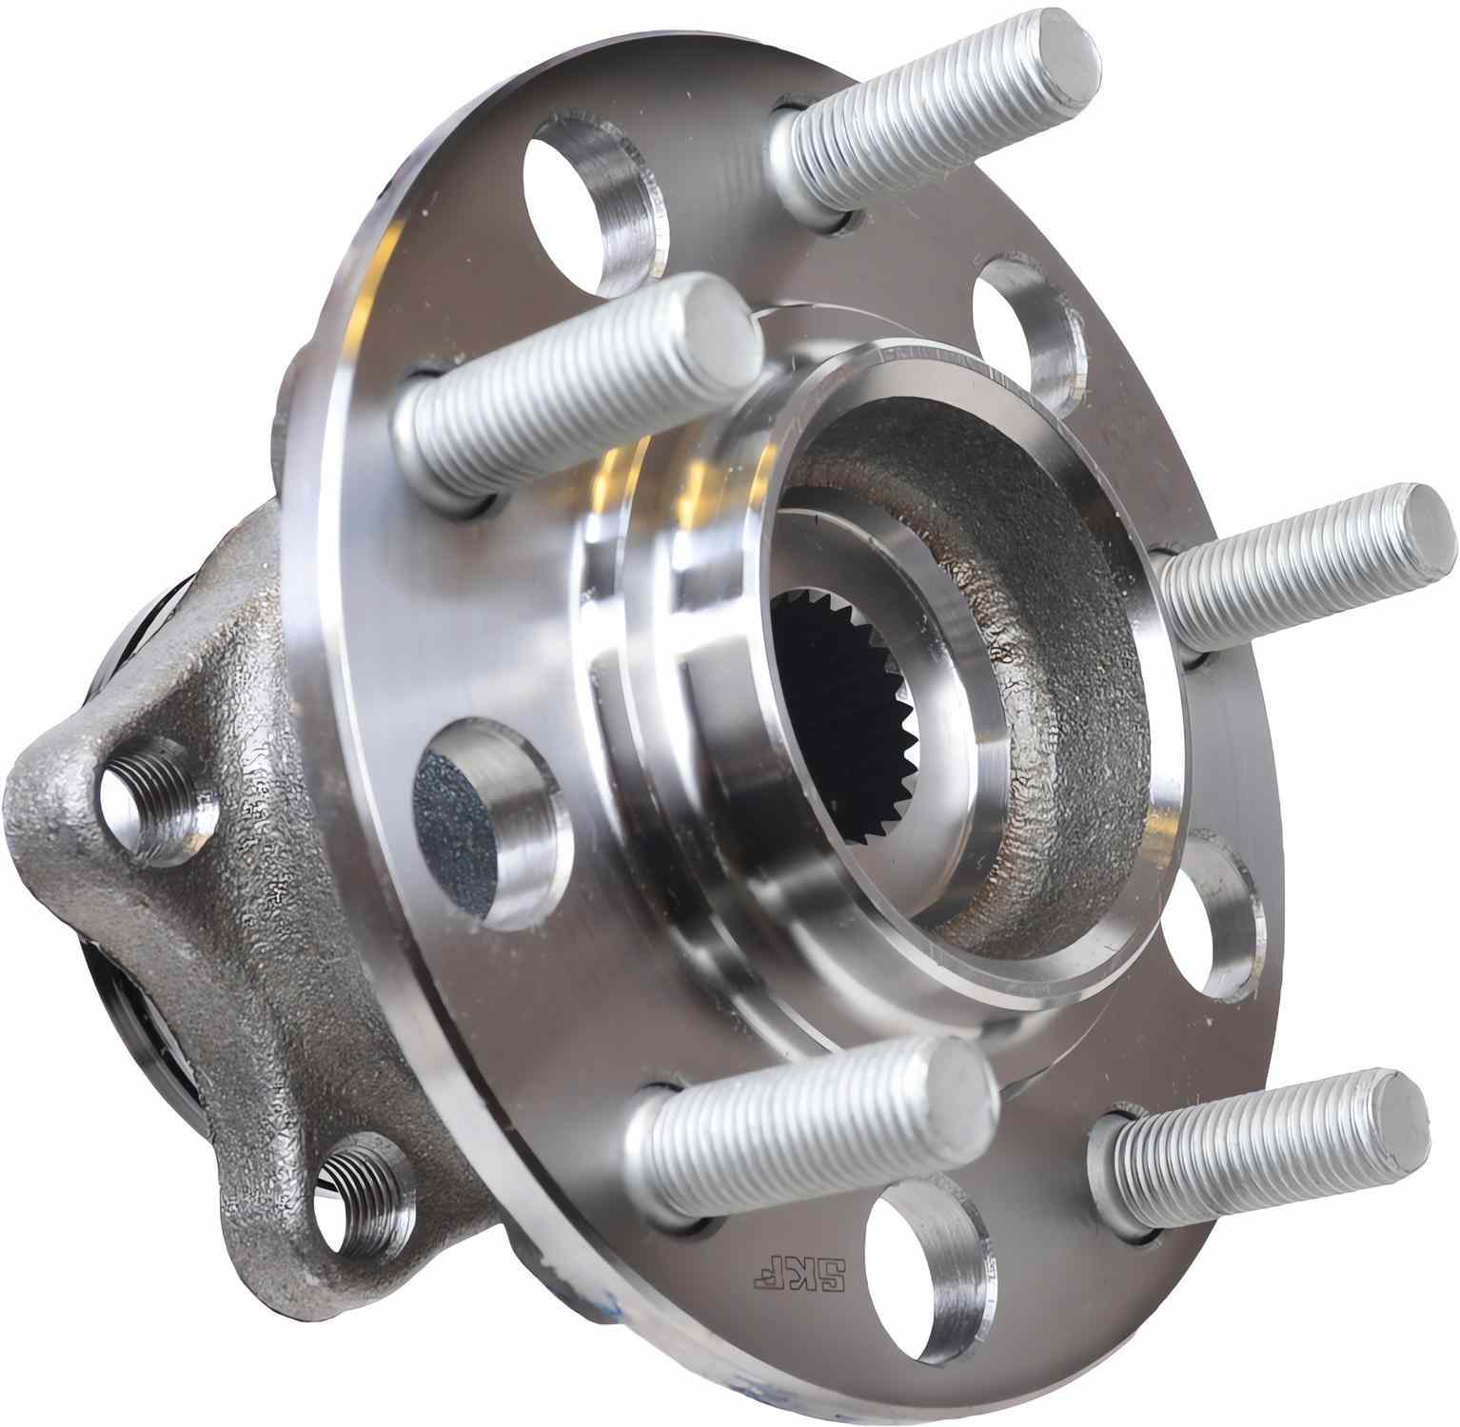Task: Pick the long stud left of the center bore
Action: (571, 390)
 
